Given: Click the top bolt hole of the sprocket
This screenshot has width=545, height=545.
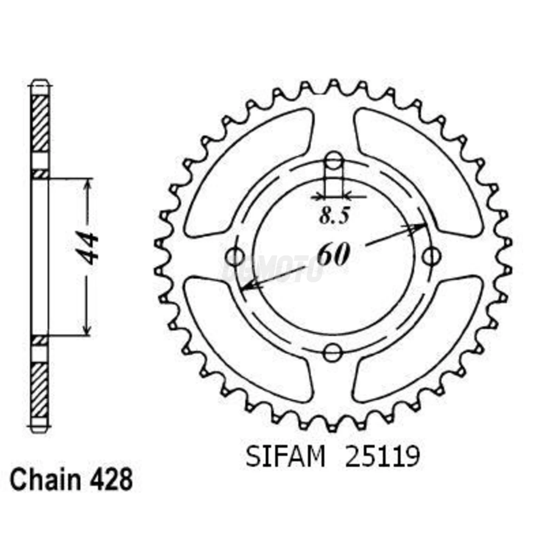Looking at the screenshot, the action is [334, 161].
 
